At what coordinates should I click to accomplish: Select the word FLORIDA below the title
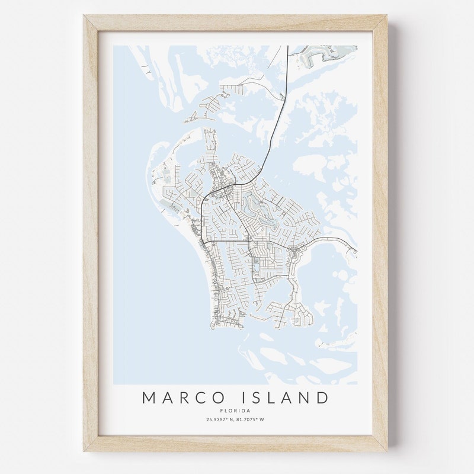[236, 411]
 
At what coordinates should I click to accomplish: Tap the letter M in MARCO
[149, 397]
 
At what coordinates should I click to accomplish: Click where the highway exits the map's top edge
[287, 47]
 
